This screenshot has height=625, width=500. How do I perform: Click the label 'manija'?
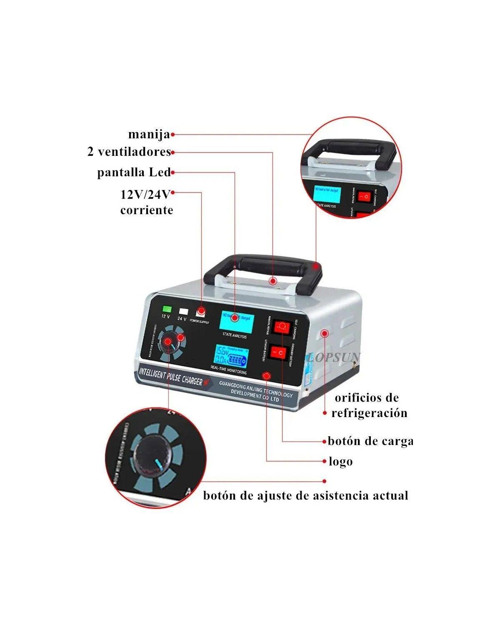149,135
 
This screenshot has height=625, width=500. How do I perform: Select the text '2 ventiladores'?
129,152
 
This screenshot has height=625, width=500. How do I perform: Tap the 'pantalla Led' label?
134,172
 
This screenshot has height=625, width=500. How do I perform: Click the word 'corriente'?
147,210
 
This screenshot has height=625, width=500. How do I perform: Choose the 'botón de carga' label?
370,441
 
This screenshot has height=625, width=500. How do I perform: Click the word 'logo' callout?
340,462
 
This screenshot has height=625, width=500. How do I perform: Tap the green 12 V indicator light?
167,309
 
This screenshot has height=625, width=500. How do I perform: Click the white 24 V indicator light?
183,311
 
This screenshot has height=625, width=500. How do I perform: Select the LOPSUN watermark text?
335,357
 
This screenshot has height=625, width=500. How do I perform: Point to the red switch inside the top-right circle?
364,195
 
